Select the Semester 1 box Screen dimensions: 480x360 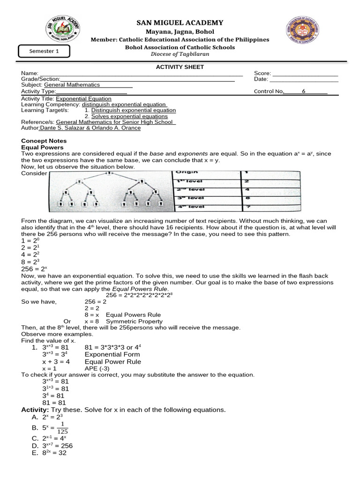[x=44, y=52]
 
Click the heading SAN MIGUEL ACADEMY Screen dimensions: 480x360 [x=180, y=23]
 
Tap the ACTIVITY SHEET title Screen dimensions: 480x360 [x=180, y=67]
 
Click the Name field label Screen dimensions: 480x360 [x=29, y=74]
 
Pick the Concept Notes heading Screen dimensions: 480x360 [x=44, y=141]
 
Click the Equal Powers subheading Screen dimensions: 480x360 [x=41, y=147]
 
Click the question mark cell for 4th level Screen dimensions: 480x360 [x=247, y=206]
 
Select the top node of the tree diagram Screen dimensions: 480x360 [x=110, y=173]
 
